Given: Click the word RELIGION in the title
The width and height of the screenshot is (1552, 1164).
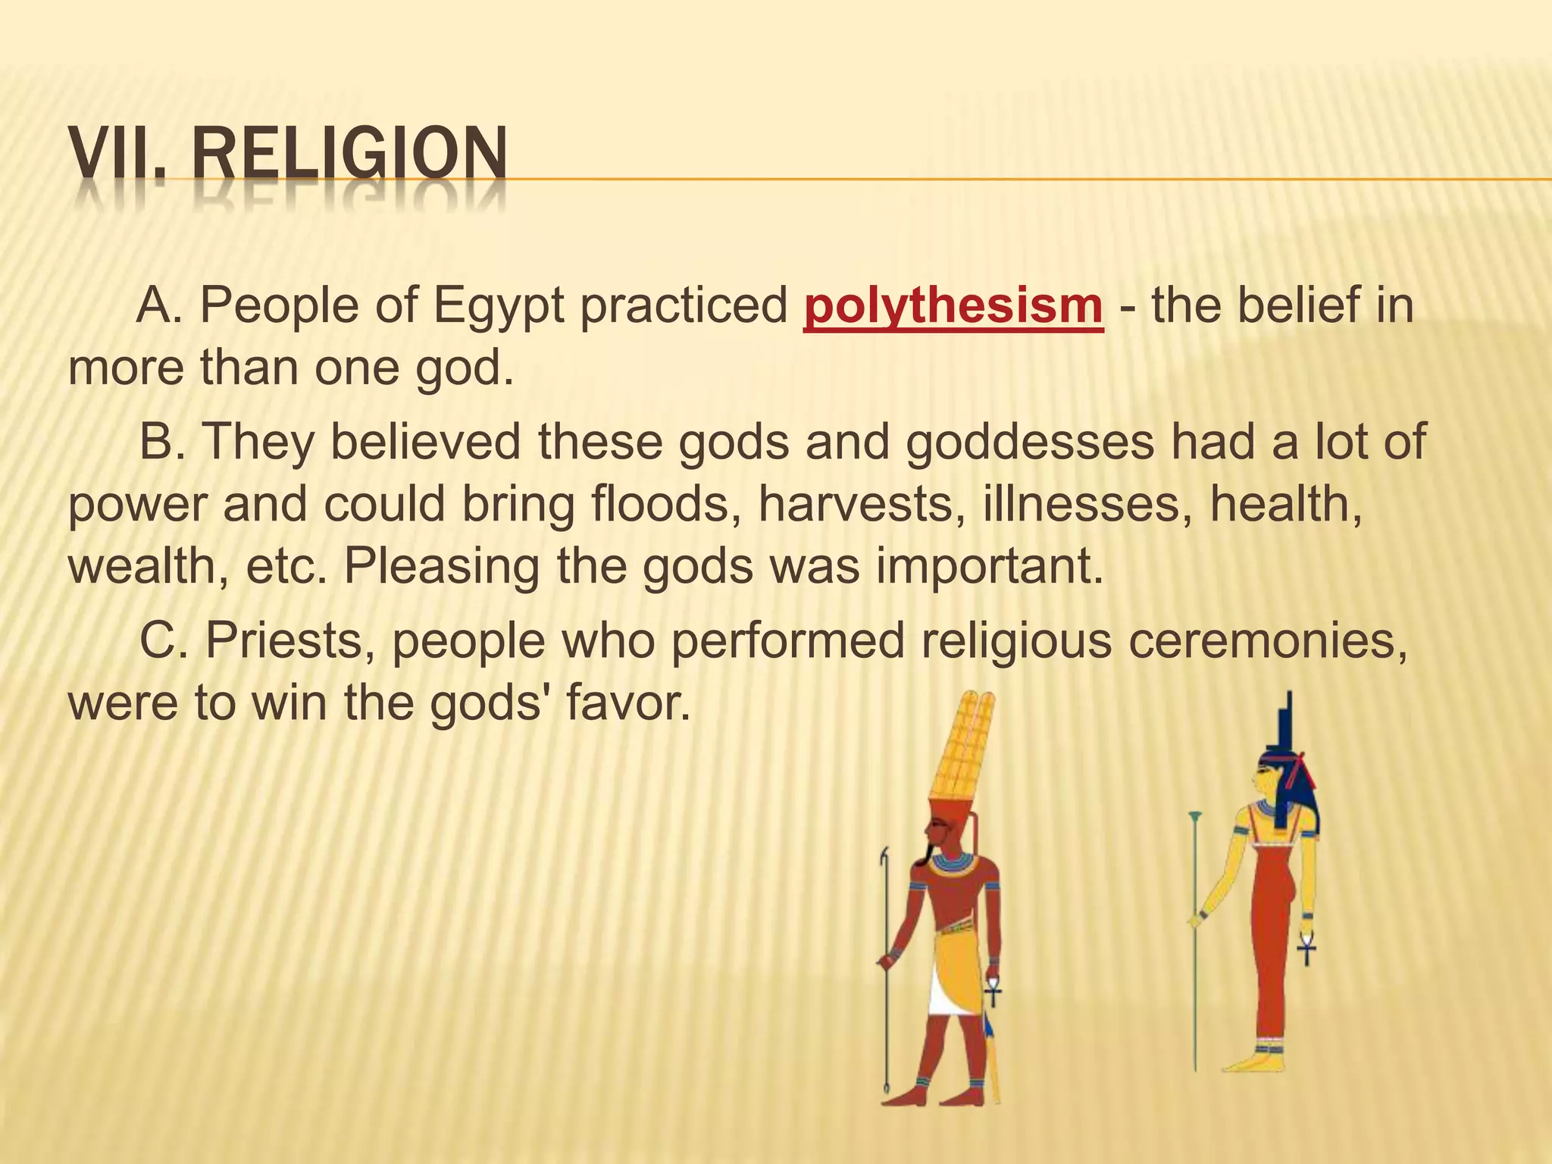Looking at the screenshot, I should tap(349, 155).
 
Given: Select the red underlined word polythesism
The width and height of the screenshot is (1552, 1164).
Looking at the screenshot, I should tap(953, 305).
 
